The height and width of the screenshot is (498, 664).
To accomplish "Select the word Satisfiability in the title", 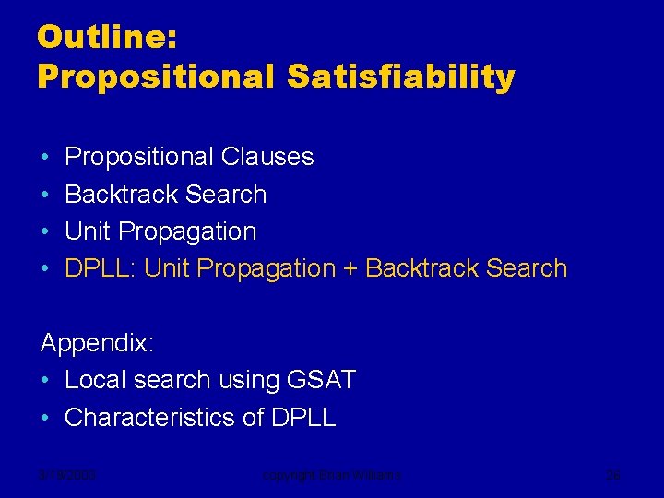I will (x=400, y=77).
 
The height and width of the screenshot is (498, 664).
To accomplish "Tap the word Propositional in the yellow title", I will (x=155, y=77).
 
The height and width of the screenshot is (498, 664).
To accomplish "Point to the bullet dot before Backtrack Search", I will (x=45, y=195).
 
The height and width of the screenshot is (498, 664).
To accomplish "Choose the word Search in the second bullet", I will (x=225, y=195).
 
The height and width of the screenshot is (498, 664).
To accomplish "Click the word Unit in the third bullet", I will (x=89, y=231).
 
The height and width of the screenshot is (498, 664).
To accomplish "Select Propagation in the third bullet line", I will (x=187, y=231).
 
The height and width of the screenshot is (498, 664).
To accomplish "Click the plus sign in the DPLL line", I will (x=350, y=268).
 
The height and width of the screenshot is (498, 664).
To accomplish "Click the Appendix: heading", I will (x=98, y=343).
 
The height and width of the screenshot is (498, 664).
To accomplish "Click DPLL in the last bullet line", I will (x=303, y=417).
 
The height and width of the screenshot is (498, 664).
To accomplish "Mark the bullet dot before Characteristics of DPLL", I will (x=45, y=417).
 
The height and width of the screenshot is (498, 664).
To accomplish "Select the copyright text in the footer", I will (x=332, y=476).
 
